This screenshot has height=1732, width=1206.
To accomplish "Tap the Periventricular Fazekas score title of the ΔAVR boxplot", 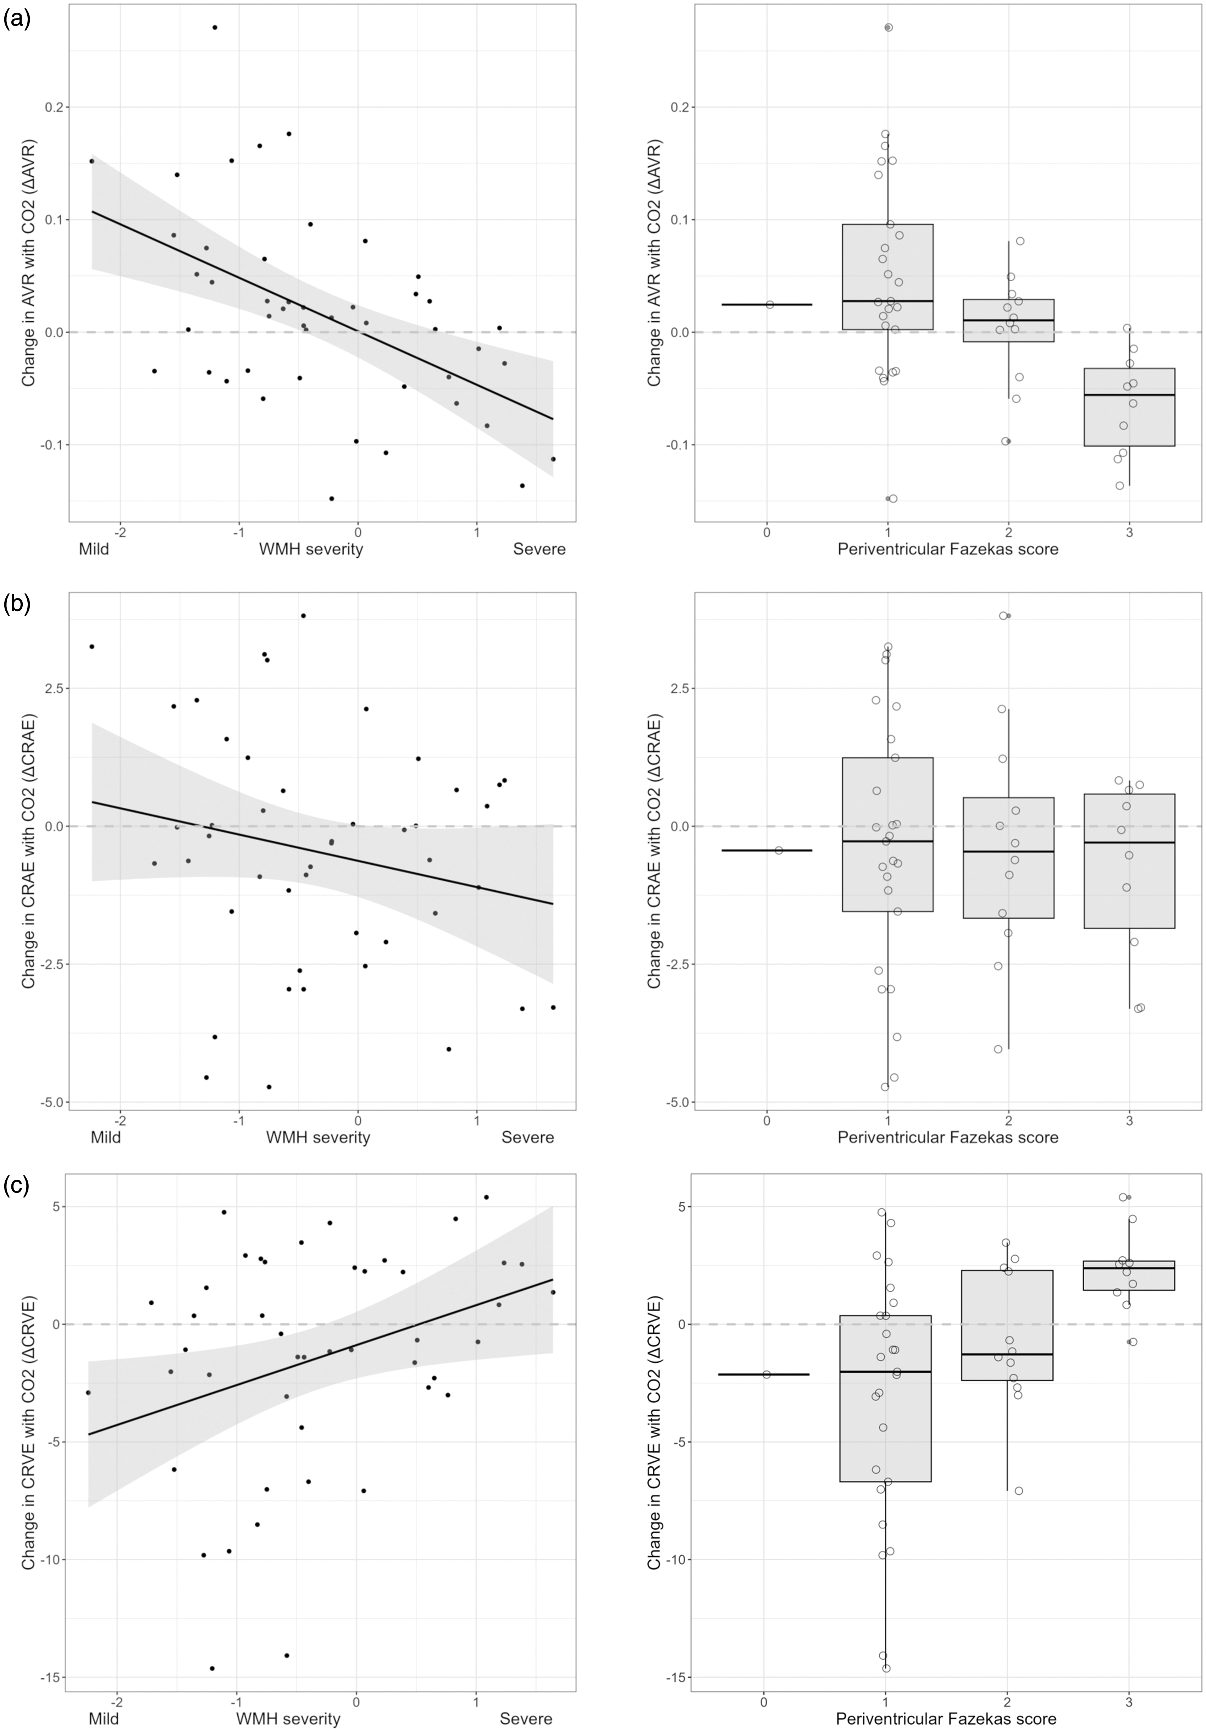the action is click(947, 548).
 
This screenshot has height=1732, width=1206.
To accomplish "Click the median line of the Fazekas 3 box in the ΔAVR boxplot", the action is click(1129, 394).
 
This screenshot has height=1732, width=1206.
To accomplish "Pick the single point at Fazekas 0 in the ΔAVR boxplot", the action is click(769, 305).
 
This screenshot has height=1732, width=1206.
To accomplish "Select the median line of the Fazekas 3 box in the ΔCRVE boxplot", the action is click(1129, 1268).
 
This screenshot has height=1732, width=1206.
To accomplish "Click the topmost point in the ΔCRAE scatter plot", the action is click(303, 615).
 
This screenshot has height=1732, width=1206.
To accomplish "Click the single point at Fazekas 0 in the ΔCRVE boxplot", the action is click(766, 1374).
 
